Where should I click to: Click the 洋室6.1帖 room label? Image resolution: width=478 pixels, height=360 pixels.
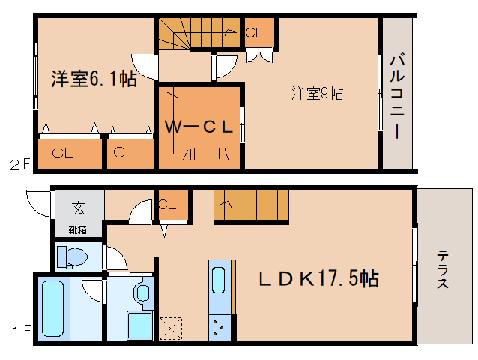tap(93, 79)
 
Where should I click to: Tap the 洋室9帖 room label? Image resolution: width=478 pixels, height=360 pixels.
tap(318, 94)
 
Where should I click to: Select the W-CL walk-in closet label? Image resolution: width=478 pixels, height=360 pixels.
tap(199, 127)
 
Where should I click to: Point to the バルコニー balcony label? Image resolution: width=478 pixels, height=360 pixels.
tap(397, 94)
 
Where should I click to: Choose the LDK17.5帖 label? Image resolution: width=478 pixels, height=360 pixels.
tap(318, 279)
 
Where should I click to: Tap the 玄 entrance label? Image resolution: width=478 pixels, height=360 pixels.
tap(78, 208)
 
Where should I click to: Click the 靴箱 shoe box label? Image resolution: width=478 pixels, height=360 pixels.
tap(78, 230)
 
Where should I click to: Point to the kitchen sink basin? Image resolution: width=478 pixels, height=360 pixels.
tap(218, 279)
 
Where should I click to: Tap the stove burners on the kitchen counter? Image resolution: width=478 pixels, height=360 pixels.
tap(220, 327)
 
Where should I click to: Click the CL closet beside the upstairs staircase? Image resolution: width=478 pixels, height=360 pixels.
tap(254, 33)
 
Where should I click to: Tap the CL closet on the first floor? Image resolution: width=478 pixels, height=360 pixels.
tap(168, 204)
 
